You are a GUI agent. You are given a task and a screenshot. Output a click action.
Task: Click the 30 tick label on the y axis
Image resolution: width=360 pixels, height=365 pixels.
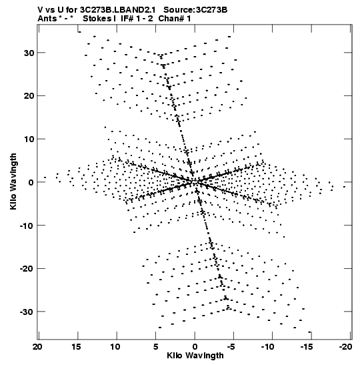point(29,53)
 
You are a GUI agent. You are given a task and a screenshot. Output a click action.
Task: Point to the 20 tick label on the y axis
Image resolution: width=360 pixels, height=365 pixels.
point(29,96)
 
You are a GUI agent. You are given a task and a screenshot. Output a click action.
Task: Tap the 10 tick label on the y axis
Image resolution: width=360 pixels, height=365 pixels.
point(29,139)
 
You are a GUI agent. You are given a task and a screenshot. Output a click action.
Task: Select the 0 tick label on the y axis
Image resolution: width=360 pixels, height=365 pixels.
point(31,182)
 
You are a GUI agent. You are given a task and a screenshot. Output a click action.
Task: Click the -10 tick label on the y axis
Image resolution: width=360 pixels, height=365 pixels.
point(27,226)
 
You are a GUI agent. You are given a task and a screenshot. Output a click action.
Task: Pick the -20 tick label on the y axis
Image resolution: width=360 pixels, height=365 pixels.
point(27,269)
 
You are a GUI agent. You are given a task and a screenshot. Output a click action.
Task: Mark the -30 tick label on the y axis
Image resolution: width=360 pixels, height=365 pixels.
point(27,312)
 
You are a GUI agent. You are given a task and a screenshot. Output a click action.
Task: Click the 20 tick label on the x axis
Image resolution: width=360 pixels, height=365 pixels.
point(37,347)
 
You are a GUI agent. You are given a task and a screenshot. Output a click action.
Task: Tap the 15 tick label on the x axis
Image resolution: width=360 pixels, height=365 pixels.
point(76,347)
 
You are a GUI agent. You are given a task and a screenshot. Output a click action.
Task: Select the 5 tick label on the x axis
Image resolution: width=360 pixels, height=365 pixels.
point(156,347)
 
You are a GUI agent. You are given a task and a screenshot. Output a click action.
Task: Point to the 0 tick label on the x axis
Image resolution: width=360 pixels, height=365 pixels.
point(195,347)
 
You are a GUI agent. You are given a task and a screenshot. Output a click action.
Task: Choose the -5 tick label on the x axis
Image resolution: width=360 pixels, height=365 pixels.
point(232,347)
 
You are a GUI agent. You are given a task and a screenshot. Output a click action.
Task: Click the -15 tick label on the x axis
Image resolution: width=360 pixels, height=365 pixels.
point(307,347)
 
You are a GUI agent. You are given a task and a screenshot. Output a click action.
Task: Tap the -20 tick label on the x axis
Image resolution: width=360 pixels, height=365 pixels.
point(345,347)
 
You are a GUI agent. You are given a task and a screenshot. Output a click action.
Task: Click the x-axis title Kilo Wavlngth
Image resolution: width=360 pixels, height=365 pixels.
point(195,356)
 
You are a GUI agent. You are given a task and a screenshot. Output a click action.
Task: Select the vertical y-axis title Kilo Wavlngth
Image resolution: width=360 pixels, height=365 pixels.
point(13,181)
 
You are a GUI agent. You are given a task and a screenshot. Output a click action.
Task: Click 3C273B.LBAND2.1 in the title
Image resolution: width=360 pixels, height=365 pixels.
point(118,10)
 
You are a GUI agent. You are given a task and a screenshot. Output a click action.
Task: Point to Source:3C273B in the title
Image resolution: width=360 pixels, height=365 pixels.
point(195,10)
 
